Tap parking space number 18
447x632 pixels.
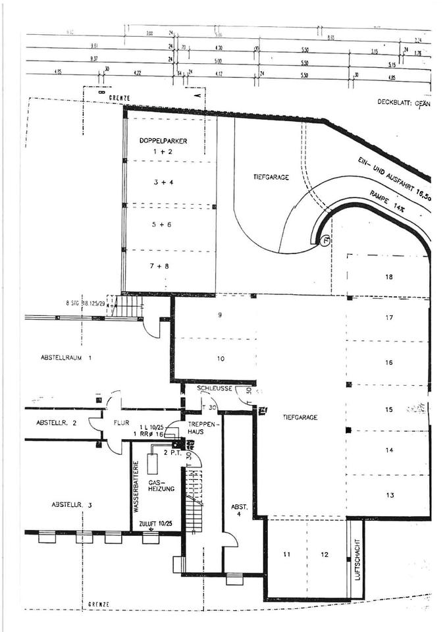click(x=389, y=276)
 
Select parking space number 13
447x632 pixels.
click(x=389, y=495)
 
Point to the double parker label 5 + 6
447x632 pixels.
click(x=161, y=224)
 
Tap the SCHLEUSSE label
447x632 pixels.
click(x=214, y=388)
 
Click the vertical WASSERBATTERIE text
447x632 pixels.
click(x=137, y=487)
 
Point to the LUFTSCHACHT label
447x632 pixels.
click(x=356, y=560)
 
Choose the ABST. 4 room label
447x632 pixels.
click(x=238, y=510)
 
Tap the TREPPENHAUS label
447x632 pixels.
click(x=198, y=428)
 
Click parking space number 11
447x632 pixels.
click(x=286, y=554)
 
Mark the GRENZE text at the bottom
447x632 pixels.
click(x=98, y=604)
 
